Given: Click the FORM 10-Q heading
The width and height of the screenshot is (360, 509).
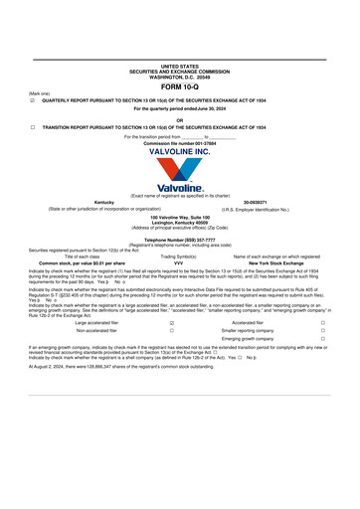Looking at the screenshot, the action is click(179, 87).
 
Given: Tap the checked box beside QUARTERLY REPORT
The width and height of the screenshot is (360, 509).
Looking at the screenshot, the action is click(33, 100).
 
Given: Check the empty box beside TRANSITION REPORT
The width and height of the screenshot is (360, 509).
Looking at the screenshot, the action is click(33, 127).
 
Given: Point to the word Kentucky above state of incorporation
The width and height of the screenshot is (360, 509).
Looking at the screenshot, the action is click(103, 202).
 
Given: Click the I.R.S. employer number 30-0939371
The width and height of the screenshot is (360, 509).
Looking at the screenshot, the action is click(257, 202).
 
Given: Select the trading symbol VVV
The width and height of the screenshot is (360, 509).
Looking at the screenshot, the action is click(179, 262).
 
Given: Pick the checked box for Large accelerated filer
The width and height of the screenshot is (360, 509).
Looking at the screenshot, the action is click(172, 322).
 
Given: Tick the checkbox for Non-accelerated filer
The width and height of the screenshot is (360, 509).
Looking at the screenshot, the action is click(172, 330).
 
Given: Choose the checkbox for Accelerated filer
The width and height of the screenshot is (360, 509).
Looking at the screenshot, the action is click(322, 322).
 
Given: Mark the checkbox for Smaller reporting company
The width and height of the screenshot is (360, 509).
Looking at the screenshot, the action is click(322, 330).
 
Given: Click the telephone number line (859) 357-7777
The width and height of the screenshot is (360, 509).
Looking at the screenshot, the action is click(179, 240).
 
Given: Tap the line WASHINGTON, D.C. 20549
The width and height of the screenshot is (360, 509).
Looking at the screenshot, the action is click(179, 78).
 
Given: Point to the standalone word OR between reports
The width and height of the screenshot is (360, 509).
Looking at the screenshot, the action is click(179, 119).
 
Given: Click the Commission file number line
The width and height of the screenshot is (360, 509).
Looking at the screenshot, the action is click(179, 143).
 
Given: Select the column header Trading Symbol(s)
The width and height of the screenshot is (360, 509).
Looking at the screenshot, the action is click(179, 255).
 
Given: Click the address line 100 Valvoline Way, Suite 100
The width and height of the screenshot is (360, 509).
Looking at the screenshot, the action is click(179, 217).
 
